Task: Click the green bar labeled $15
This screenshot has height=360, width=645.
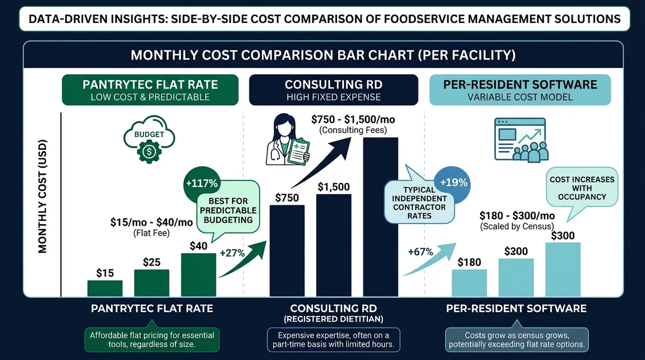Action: pyautogui.click(x=105, y=288)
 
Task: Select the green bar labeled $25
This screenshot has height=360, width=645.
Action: pyautogui.click(x=151, y=283)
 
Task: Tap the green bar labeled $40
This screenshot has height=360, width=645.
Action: pyautogui.click(x=198, y=275)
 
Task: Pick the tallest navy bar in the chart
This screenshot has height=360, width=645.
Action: pyautogui.click(x=380, y=217)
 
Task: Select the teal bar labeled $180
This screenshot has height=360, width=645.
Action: pyautogui.click(x=469, y=283)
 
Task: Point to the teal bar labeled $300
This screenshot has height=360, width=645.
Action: pyautogui.click(x=563, y=270)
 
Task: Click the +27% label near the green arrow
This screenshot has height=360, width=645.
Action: pyautogui.click(x=232, y=253)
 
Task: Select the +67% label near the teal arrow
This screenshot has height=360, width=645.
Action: pyautogui.click(x=420, y=252)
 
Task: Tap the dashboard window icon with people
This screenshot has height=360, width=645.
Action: pyautogui.click(x=520, y=139)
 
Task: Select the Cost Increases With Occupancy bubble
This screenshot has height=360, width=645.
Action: pyautogui.click(x=582, y=188)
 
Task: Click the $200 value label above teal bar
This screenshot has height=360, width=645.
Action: pyautogui.click(x=516, y=251)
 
